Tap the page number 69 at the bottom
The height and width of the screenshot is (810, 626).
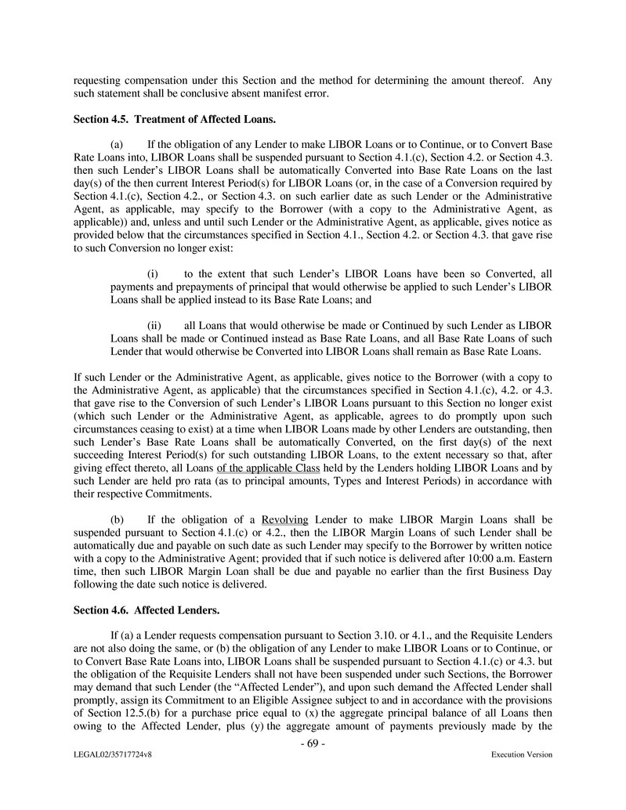click(x=313, y=743)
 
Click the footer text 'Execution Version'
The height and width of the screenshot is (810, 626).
click(x=521, y=754)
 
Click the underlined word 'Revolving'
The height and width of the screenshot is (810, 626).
click(x=285, y=519)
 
